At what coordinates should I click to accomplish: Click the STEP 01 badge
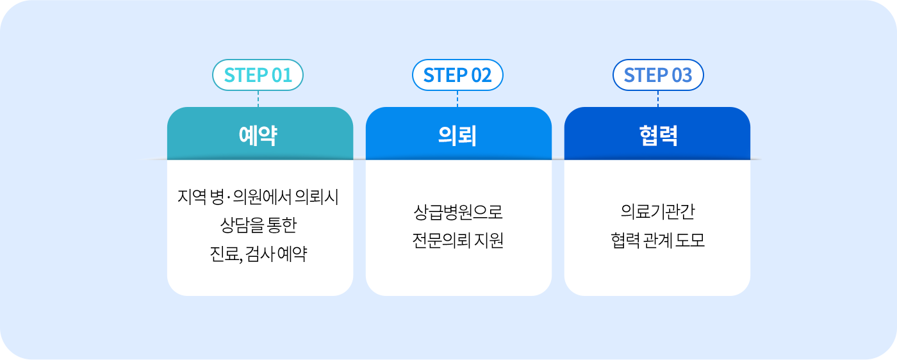pyautogui.click(x=258, y=75)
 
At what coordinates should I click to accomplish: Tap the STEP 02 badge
pyautogui.click(x=457, y=75)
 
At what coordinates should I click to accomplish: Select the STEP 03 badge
pyautogui.click(x=658, y=75)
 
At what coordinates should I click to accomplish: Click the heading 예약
pyautogui.click(x=258, y=135)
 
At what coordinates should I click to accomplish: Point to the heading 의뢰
pyautogui.click(x=457, y=135)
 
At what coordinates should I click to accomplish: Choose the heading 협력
pyautogui.click(x=658, y=135)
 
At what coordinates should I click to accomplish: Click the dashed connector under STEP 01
pyautogui.click(x=258, y=99)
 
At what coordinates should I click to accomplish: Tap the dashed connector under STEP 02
pyautogui.click(x=457, y=99)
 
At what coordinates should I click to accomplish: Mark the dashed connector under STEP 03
pyautogui.click(x=658, y=99)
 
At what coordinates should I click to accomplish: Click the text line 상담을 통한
pyautogui.click(x=258, y=225)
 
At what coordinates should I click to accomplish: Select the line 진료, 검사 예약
pyautogui.click(x=258, y=254)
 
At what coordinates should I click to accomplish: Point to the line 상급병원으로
pyautogui.click(x=457, y=212)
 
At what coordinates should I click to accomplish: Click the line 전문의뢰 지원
pyautogui.click(x=457, y=240)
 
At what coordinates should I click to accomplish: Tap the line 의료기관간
pyautogui.click(x=658, y=211)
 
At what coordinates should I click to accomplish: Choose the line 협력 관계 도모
pyautogui.click(x=658, y=240)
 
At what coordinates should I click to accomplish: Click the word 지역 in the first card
pyautogui.click(x=192, y=197)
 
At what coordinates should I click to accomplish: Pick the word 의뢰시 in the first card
pyautogui.click(x=317, y=197)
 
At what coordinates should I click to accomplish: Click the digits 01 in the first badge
pyautogui.click(x=282, y=75)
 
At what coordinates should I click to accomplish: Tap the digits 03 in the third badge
pyautogui.click(x=682, y=75)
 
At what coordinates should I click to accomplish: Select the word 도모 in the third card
pyautogui.click(x=690, y=240)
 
